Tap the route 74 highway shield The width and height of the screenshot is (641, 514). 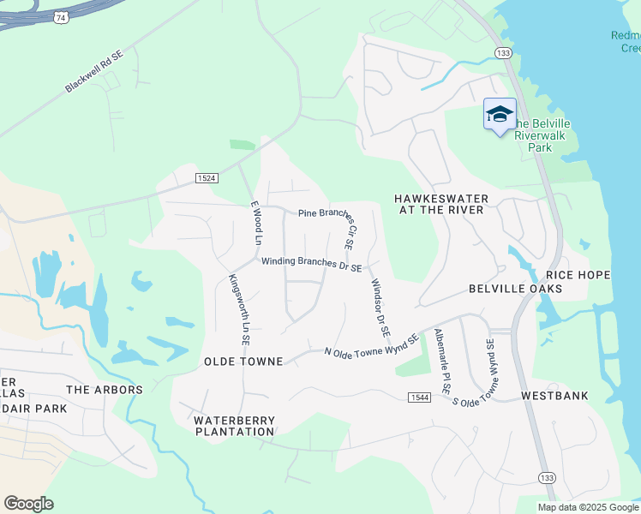[x=60, y=17]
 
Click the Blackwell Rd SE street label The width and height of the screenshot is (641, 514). [x=94, y=76]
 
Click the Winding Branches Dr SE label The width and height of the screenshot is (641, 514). [x=311, y=264]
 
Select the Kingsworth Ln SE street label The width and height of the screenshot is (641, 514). [x=238, y=309]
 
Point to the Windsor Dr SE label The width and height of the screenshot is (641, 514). [x=380, y=307]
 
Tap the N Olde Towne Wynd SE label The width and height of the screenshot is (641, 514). [x=371, y=345]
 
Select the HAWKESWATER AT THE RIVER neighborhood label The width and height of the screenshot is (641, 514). [x=440, y=205]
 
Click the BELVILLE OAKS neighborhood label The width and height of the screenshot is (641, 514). [x=515, y=289]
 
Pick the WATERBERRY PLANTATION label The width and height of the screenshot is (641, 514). [x=234, y=426]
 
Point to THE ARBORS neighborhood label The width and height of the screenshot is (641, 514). [x=105, y=390]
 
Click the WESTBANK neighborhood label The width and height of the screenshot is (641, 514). [x=554, y=397]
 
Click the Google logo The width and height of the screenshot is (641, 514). [x=29, y=503]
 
